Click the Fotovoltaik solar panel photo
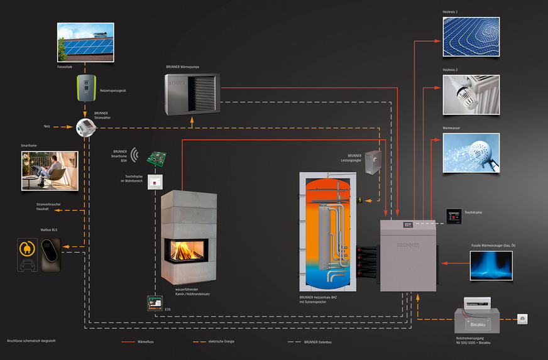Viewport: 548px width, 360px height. tap(85, 42)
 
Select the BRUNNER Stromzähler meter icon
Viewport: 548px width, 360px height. tap(85, 128)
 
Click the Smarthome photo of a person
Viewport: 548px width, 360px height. tap(50, 170)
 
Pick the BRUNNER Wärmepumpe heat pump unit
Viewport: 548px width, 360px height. tap(192, 95)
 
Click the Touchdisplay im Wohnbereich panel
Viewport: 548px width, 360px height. tap(155, 181)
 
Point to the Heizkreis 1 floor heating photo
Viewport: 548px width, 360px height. tap(470, 37)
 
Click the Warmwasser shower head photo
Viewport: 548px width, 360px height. tap(470, 153)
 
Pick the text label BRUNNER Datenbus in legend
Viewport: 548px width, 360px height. tap(318, 342)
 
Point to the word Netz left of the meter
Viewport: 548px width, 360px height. tap(47, 126)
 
